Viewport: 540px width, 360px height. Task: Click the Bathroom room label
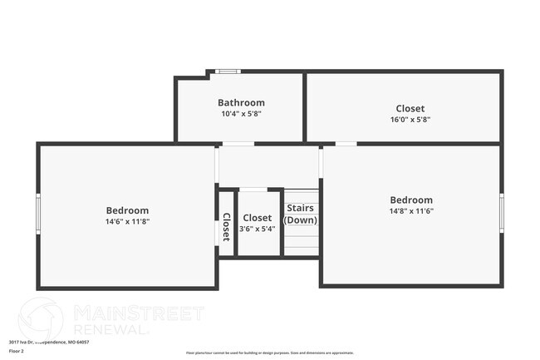[x=241, y=103]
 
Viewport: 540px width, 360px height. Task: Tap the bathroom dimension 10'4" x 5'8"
[x=241, y=114]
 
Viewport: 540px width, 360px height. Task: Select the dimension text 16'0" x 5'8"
[x=410, y=119]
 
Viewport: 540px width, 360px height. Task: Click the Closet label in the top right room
[x=410, y=108]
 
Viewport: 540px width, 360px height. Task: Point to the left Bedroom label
[x=127, y=210]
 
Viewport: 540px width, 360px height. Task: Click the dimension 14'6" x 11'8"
[x=127, y=222]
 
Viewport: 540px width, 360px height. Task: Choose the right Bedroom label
[x=411, y=200]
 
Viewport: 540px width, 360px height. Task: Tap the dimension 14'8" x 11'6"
[x=411, y=211]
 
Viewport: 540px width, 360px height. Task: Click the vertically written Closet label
[x=226, y=227]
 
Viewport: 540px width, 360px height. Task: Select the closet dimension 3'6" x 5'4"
[x=257, y=229]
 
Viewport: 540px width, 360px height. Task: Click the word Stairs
[x=301, y=208]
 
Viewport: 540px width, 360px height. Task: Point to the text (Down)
[x=301, y=220]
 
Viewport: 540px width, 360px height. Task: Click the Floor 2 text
[x=17, y=351]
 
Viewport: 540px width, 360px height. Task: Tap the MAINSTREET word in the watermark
[x=138, y=313]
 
